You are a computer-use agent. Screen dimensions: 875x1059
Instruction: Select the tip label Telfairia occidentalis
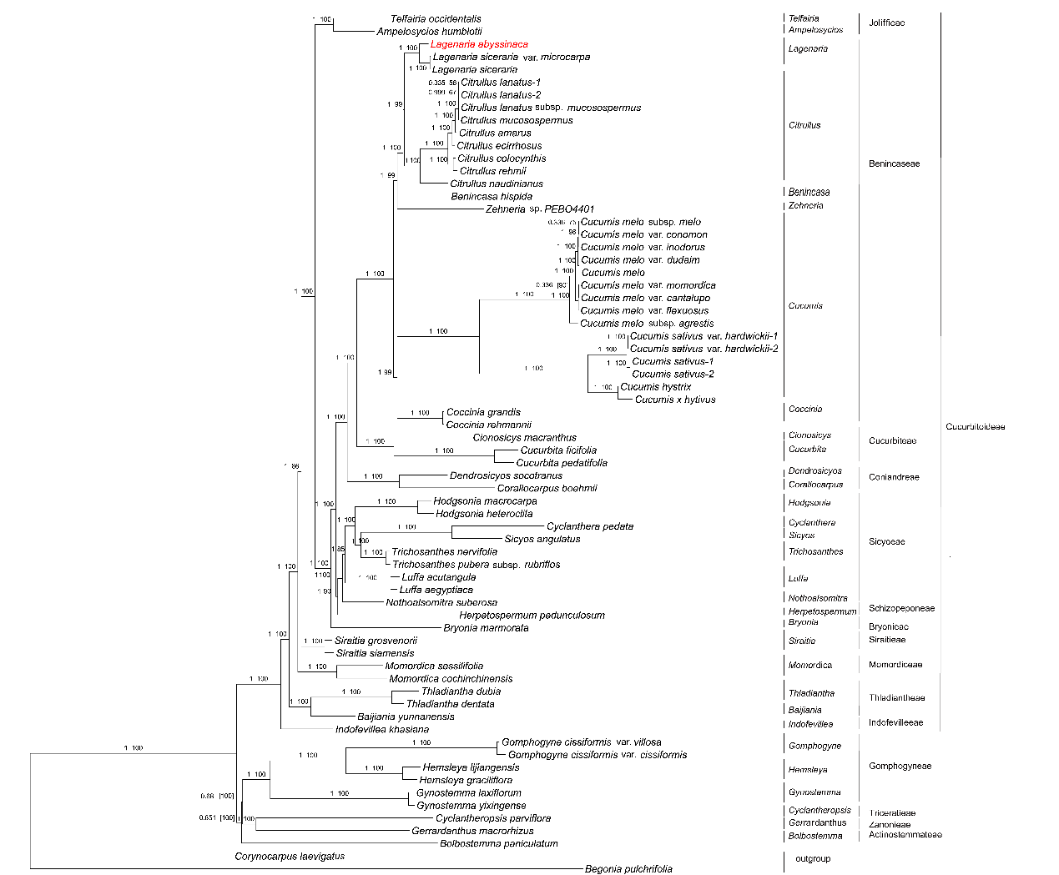coord(436,18)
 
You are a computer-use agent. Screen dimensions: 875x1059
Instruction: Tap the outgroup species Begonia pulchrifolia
coord(628,868)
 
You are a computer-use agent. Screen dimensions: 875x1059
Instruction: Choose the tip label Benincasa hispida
coord(492,196)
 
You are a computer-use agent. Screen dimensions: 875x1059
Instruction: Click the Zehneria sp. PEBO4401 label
coord(540,209)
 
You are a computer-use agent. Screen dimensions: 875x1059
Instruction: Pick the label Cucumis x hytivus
coord(675,400)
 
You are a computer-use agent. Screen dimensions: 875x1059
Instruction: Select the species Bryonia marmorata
coord(486,627)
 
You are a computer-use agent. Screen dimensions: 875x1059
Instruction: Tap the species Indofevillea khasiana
coord(382,729)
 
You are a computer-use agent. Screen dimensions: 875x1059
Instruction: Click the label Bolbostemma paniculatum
coord(499,843)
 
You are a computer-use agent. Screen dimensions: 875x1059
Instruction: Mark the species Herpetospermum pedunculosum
coord(532,615)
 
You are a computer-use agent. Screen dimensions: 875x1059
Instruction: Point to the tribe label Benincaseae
coord(894,163)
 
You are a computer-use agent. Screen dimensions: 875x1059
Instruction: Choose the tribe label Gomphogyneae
coord(900,766)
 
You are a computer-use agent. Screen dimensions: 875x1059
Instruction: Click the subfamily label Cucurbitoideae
coord(975,427)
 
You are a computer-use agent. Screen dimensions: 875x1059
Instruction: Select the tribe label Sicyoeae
coord(886,541)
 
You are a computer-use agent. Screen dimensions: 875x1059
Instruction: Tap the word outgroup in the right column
coord(813,858)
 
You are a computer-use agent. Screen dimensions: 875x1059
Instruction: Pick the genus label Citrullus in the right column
coord(804,125)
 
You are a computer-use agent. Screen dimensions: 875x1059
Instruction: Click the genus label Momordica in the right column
coord(809,665)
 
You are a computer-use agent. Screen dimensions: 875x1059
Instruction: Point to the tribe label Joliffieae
coord(886,23)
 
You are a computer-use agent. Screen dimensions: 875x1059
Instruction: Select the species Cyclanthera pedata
coord(590,526)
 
